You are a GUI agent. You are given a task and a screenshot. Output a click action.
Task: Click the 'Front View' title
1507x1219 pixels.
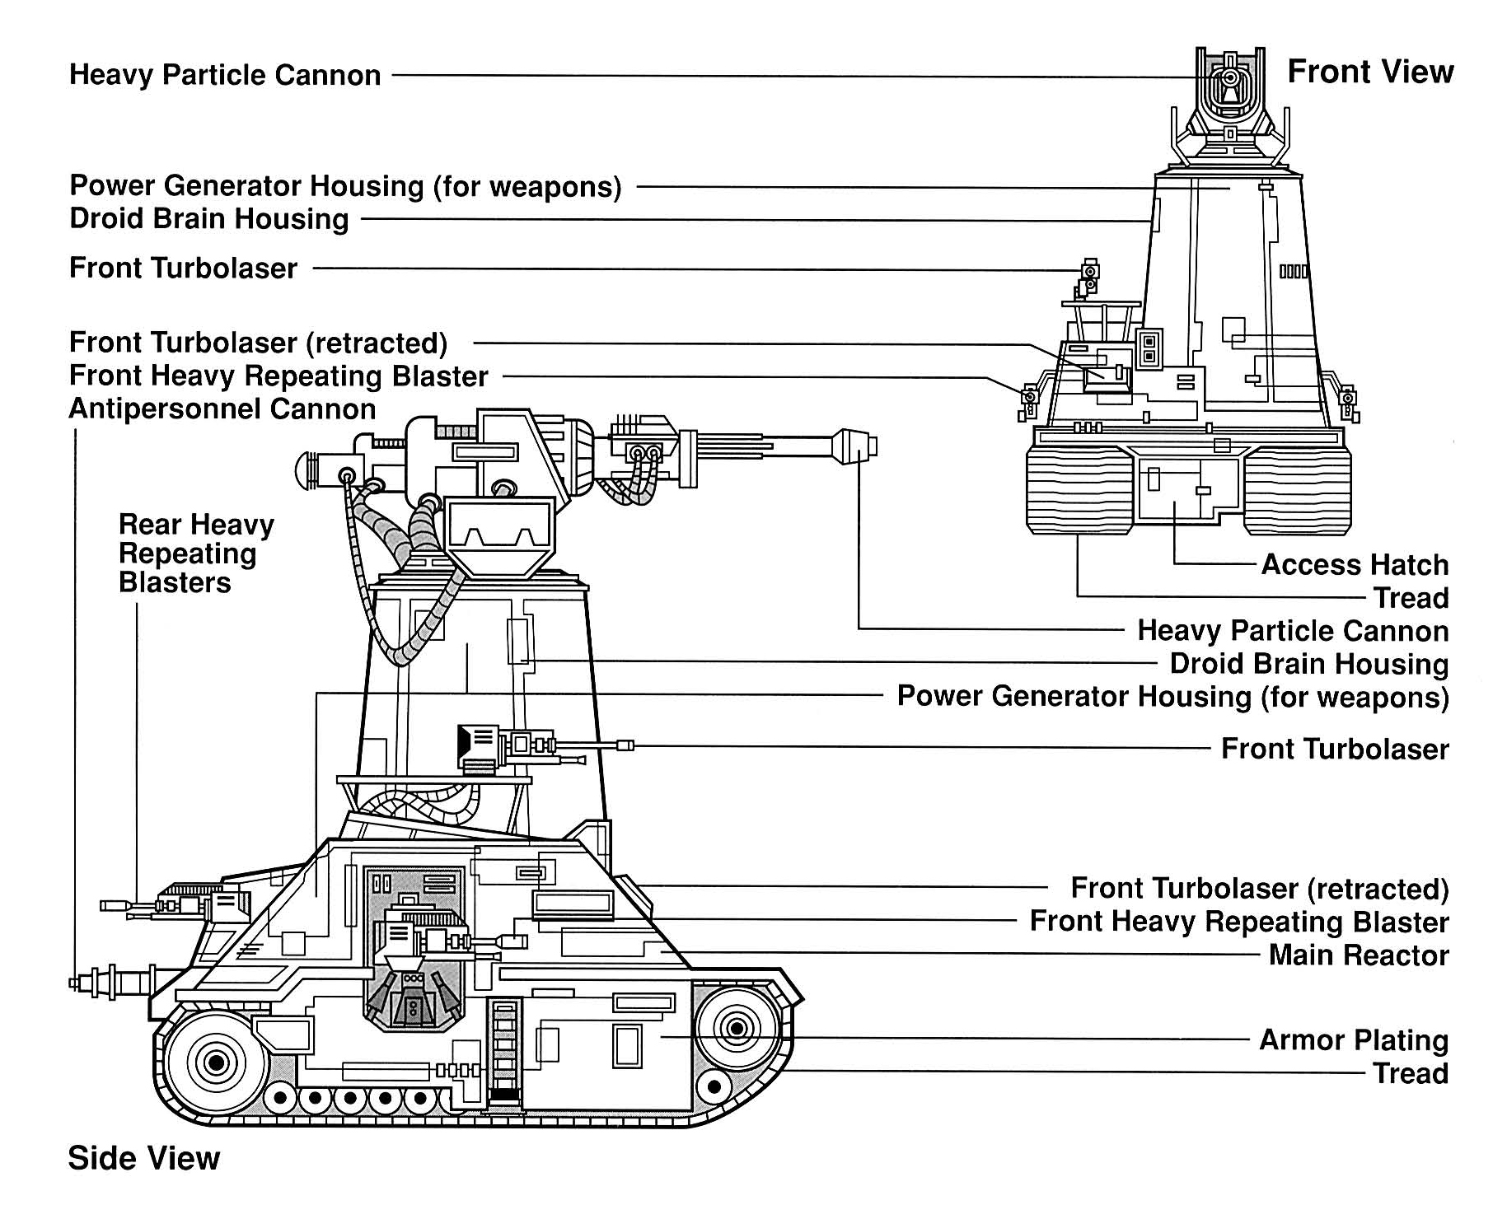(1369, 72)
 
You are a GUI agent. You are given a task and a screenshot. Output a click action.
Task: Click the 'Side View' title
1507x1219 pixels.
(143, 1157)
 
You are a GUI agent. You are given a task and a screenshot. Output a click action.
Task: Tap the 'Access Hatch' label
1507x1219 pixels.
(1354, 564)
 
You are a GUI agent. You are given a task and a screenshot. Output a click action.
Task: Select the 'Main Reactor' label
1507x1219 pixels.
(1358, 955)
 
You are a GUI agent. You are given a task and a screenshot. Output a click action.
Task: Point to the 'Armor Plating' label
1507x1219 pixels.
(1353, 1039)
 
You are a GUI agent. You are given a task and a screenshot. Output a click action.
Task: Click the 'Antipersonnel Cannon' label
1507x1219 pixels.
(222, 409)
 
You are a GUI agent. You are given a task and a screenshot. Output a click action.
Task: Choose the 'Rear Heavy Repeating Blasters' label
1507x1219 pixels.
(195, 553)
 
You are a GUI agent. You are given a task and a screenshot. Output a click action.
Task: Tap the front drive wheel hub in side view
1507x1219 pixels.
(736, 1028)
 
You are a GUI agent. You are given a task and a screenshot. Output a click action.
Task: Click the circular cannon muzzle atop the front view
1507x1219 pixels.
(1229, 78)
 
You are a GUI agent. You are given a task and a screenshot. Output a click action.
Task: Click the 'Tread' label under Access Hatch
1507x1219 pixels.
(1410, 597)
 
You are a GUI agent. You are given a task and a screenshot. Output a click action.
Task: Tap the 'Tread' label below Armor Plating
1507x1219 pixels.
(1410, 1073)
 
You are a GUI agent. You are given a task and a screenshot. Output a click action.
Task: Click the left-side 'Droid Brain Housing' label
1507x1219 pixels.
(208, 219)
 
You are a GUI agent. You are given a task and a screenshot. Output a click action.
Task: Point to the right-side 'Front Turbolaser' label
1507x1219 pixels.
(1334, 749)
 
